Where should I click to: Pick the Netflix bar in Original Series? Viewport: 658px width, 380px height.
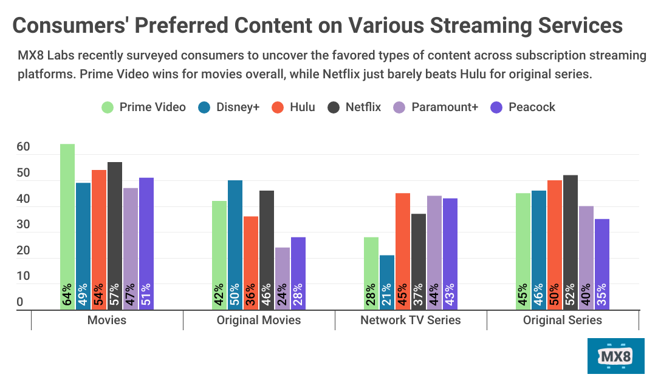571,242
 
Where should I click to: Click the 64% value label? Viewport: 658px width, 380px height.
67,295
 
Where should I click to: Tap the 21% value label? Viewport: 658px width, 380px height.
387,295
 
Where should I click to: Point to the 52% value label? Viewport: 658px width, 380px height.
571,295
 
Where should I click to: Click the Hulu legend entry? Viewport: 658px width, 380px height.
295,107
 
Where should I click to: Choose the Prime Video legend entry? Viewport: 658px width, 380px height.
145,107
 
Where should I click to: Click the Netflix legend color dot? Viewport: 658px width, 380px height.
334,107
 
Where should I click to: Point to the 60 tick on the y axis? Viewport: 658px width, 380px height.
23,148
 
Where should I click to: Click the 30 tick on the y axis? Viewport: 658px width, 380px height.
23,225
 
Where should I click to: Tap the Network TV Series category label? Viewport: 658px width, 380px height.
411,320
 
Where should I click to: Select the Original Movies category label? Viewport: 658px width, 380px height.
259,320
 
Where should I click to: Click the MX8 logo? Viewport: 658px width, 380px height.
616,356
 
